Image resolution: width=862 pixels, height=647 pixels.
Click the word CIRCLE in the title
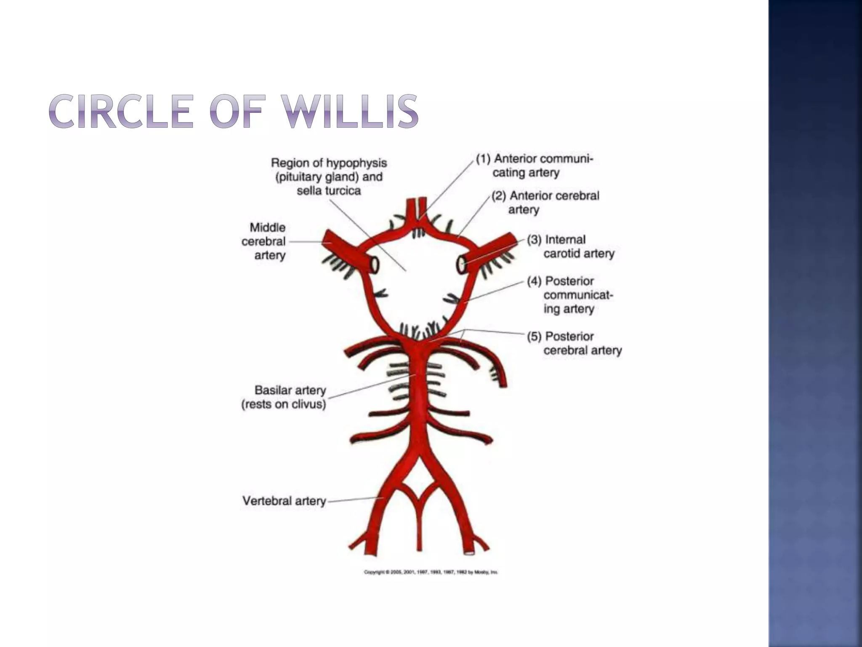click(121, 111)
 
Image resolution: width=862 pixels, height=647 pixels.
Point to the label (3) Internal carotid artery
click(571, 246)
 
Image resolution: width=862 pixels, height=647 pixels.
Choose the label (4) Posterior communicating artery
click(571, 295)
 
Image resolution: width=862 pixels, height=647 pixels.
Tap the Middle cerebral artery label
click(264, 241)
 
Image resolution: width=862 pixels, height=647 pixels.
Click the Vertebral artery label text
click(285, 501)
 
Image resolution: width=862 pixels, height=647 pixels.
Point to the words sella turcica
click(329, 191)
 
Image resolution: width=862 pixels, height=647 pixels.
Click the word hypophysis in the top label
click(360, 163)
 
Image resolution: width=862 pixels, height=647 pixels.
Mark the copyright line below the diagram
click(431, 572)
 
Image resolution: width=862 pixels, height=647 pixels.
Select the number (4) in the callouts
click(534, 281)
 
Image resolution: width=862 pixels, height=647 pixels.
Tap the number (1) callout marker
click(484, 159)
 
